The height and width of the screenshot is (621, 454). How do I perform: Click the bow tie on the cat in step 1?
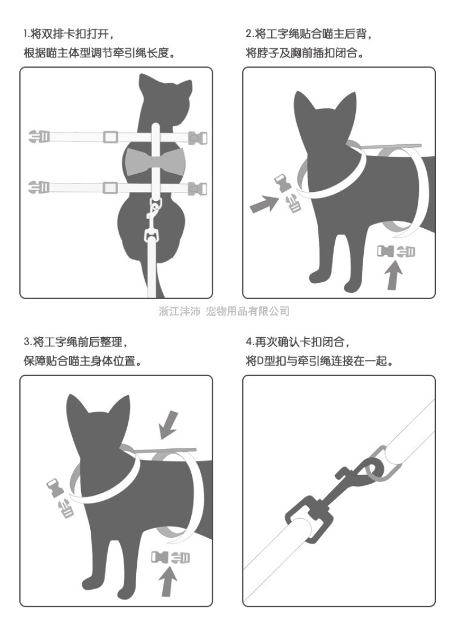tap(155, 162)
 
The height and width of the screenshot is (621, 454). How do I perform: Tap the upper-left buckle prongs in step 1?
tap(39, 137)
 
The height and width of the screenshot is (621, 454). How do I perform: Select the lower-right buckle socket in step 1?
tap(197, 188)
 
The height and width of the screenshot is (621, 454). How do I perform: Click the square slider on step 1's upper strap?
tap(111, 137)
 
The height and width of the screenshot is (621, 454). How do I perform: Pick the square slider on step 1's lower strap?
tap(111, 187)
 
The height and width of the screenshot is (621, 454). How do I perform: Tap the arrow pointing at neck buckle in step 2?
tap(264, 204)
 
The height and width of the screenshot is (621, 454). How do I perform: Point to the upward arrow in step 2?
tap(394, 276)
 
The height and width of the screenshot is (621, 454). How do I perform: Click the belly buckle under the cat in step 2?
tap(396, 251)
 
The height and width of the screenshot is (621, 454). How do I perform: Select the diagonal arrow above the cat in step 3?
tap(169, 425)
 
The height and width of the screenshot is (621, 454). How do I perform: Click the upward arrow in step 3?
tap(168, 581)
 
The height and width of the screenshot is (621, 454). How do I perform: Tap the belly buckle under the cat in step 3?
tap(170, 557)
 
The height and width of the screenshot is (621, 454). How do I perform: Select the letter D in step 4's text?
tap(260, 362)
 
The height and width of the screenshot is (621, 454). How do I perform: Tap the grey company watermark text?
tap(224, 311)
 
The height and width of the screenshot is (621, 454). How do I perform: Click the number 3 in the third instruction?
tap(27, 342)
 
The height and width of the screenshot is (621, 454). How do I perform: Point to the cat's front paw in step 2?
tap(317, 276)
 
